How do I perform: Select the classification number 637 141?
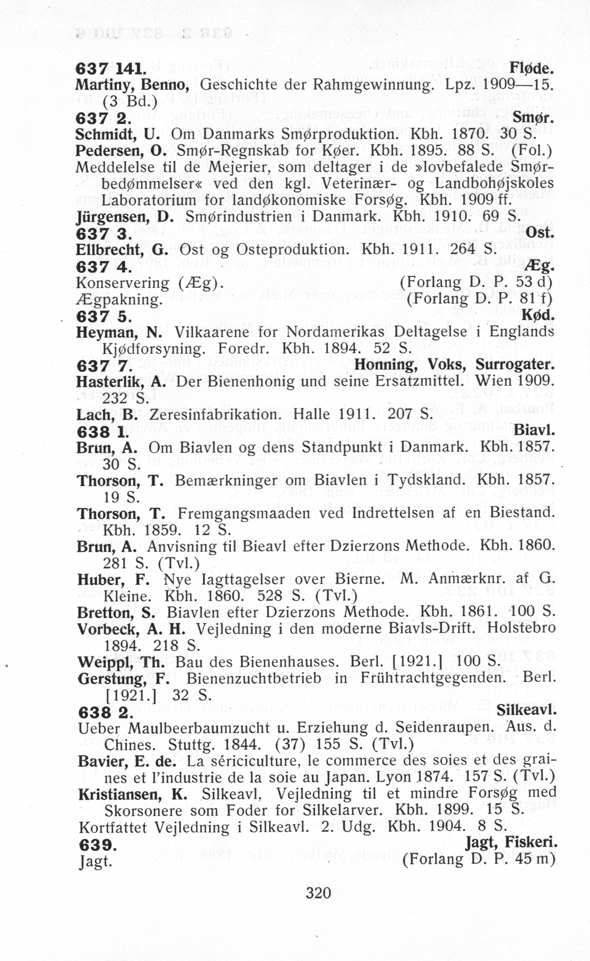tap(110, 69)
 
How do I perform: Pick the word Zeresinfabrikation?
tap(215, 414)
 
